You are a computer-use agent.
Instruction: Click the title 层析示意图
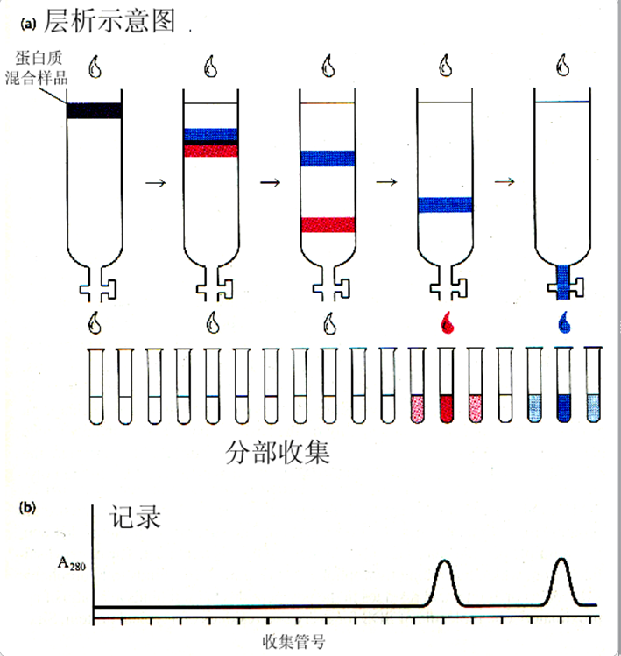click(109, 20)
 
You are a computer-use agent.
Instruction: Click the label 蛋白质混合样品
click(42, 69)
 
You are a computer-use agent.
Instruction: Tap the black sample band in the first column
click(95, 110)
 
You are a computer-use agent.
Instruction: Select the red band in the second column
click(210, 151)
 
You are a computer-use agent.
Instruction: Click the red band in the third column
click(328, 225)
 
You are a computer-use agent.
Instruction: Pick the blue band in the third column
click(328, 159)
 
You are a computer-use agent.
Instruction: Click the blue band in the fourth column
click(445, 205)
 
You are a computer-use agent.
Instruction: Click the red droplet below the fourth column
click(447, 326)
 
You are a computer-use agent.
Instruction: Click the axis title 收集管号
click(294, 641)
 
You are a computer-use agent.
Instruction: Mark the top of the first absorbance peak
click(444, 561)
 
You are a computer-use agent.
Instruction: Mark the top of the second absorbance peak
click(561, 559)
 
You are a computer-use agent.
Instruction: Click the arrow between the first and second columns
click(154, 182)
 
